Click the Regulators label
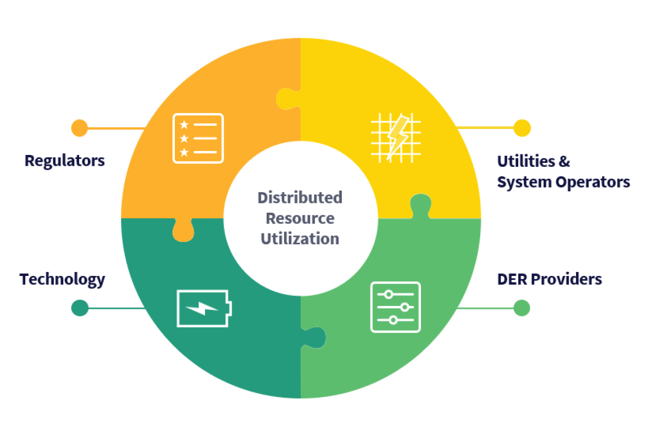[65, 160]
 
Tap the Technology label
[62, 279]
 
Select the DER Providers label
[549, 279]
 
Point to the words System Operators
[563, 182]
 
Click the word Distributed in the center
[299, 197]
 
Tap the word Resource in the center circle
[300, 218]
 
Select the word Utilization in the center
[300, 239]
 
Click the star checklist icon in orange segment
[198, 138]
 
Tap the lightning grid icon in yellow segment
[396, 137]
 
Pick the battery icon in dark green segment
[203, 308]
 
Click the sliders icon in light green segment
[395, 307]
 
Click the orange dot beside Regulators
[79, 128]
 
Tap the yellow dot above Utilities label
[522, 128]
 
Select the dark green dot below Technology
[80, 308]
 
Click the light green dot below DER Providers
[522, 308]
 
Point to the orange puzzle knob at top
[287, 98]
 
